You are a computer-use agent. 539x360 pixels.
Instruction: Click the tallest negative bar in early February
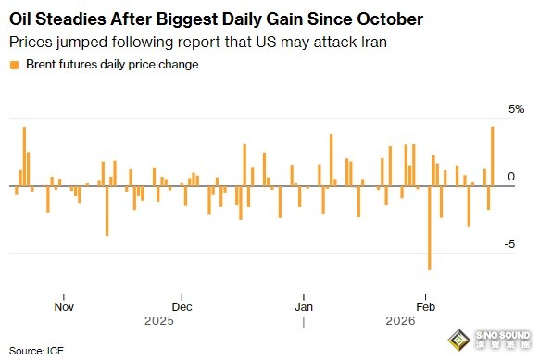430,228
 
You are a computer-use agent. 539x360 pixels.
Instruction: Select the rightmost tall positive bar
493,156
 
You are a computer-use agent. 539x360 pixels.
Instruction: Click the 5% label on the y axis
517,109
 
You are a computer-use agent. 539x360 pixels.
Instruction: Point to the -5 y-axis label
509,244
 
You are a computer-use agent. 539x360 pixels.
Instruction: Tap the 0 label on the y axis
511,177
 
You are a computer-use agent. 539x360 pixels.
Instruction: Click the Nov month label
64,306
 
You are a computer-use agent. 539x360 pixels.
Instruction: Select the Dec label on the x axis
182,306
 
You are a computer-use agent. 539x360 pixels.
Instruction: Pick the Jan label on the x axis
304,306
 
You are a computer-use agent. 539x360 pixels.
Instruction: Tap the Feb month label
426,306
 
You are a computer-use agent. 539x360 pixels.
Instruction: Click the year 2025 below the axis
159,321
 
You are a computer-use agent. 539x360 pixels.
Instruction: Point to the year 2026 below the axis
400,321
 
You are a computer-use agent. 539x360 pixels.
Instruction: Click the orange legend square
14,65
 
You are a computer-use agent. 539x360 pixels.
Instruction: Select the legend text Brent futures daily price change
112,64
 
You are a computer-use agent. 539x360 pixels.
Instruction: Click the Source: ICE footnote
36,351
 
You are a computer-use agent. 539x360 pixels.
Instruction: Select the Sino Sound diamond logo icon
459,340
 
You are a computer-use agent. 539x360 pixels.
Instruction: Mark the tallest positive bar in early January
332,160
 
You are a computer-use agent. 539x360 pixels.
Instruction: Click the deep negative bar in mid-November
107,211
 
